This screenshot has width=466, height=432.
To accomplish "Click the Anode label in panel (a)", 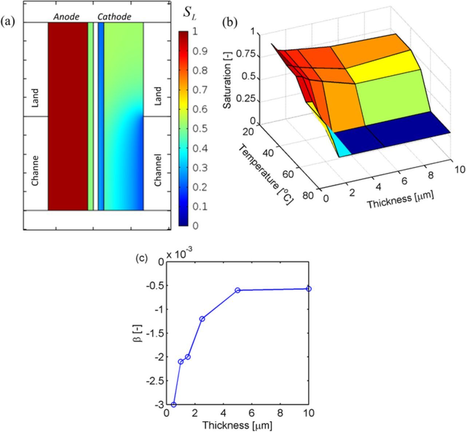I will pyautogui.click(x=67, y=17).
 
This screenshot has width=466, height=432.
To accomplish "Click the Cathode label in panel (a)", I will pyautogui.click(x=114, y=17).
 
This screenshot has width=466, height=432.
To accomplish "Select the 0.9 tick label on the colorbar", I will pyautogui.click(x=200, y=51).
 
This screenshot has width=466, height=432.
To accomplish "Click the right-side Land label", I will pyautogui.click(x=158, y=96).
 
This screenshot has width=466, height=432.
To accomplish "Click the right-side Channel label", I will pyautogui.click(x=158, y=170).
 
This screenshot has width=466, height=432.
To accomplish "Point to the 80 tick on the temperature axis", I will pyautogui.click(x=308, y=195).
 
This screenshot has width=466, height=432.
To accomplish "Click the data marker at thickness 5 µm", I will pyautogui.click(x=238, y=290).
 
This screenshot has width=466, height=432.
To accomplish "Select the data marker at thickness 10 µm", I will pyautogui.click(x=309, y=289).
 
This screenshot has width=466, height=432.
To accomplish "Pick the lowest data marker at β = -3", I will pyautogui.click(x=174, y=405).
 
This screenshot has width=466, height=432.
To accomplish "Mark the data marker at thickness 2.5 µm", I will pyautogui.click(x=202, y=319).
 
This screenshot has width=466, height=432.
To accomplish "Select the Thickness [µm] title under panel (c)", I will pyautogui.click(x=237, y=425).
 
